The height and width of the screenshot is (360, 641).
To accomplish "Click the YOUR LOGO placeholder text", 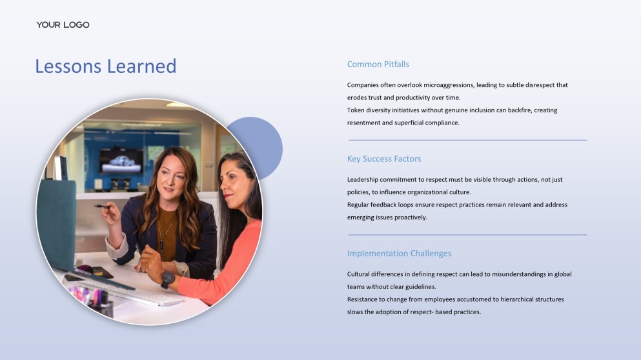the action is pyautogui.click(x=63, y=25).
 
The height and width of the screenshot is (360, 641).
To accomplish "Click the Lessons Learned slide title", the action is pyautogui.click(x=106, y=66).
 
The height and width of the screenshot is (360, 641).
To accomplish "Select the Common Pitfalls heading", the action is pyautogui.click(x=378, y=64).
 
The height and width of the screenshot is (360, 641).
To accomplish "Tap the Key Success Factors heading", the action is pyautogui.click(x=384, y=159).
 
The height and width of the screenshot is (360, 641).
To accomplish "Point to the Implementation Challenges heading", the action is pyautogui.click(x=399, y=254).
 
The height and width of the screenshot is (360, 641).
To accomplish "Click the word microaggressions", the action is pyautogui.click(x=449, y=85).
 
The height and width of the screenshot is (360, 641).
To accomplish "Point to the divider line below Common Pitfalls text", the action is pyautogui.click(x=467, y=140).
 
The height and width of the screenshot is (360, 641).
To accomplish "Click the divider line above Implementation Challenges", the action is pyautogui.click(x=467, y=235).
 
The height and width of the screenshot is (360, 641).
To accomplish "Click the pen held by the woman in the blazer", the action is pyautogui.click(x=102, y=206).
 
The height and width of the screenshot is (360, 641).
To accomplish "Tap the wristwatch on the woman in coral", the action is pyautogui.click(x=168, y=279).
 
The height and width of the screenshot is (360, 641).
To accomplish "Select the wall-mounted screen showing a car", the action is pyautogui.click(x=121, y=161).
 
